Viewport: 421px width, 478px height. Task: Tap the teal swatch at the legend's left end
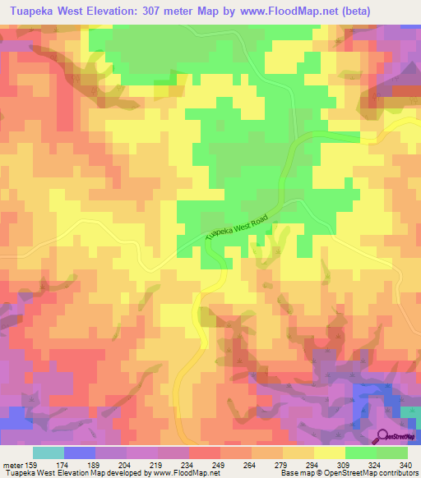click(x=49, y=453)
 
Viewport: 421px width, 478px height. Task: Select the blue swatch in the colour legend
click(x=80, y=453)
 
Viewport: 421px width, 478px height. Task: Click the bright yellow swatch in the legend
click(x=330, y=453)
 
